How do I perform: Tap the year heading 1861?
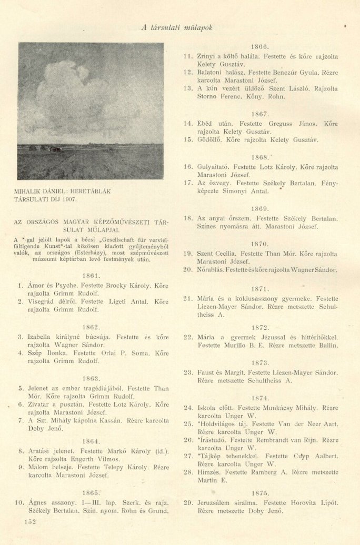coord(92,275)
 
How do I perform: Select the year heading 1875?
coord(260,493)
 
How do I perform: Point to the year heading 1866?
coord(260,46)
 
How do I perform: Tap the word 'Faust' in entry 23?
coord(207,372)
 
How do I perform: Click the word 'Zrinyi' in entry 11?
coord(207,56)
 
